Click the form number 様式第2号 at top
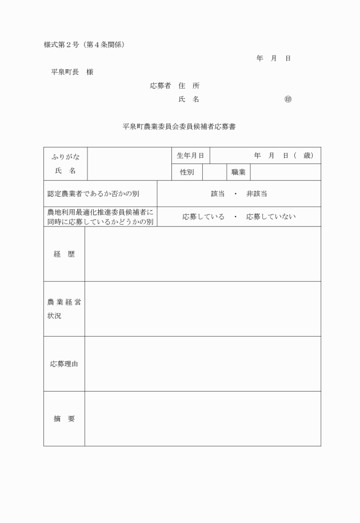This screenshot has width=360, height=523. coord(63,45)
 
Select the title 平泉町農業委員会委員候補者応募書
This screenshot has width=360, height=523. coord(179,127)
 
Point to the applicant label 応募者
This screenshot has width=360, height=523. coord(161,86)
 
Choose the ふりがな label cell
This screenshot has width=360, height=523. coord(65,156)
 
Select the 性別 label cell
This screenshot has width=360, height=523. coord(186,172)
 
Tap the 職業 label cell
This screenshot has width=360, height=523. coord(238,172)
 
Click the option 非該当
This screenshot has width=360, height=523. coord(257,194)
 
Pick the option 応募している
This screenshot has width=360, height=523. coord(203,217)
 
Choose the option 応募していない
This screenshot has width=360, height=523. coord(271,217)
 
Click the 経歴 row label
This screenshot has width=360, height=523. coord(64,254)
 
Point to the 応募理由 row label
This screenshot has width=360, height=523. coord(64,364)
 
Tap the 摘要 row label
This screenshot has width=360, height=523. coord(64,418)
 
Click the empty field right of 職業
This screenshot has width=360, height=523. coord(285,172)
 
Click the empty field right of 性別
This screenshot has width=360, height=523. coord(214,172)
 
